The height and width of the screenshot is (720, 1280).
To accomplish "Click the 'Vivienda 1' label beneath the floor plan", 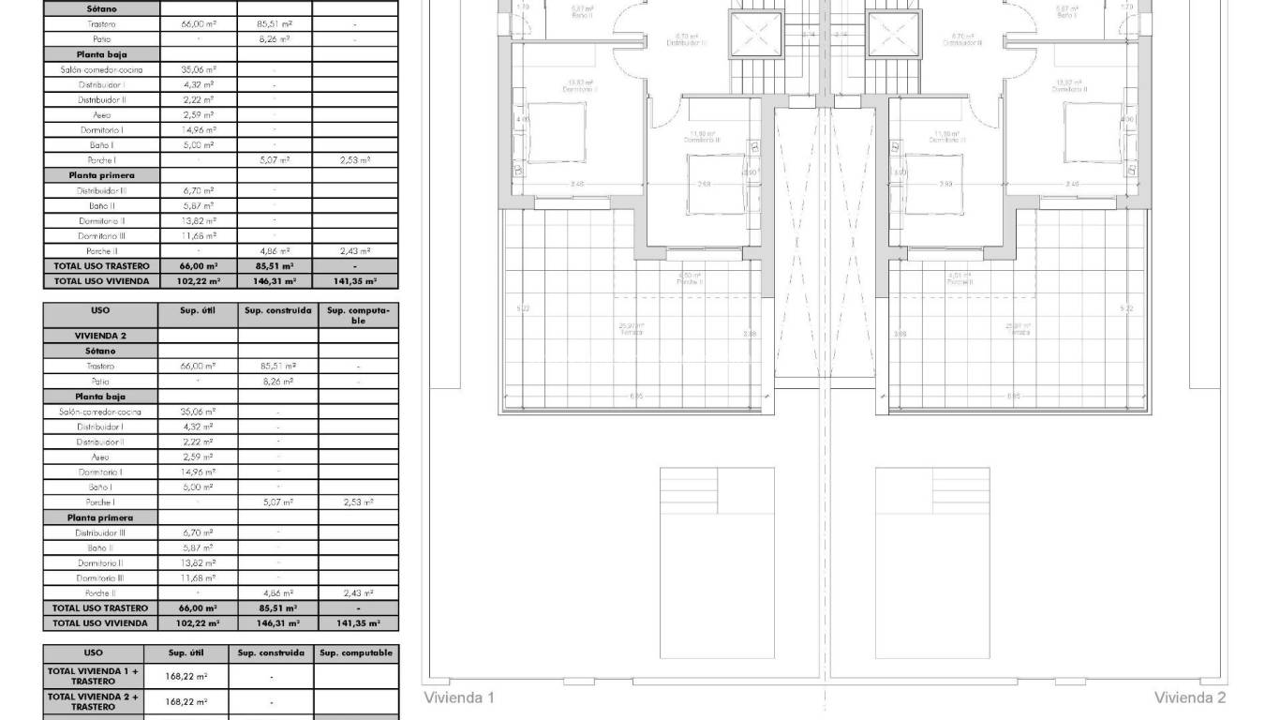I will (459, 697).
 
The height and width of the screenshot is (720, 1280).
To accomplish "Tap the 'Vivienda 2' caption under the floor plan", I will (1190, 697).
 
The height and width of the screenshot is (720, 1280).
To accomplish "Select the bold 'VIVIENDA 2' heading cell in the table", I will (100, 335).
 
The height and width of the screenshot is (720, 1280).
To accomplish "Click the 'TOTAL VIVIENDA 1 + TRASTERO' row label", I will (93, 676).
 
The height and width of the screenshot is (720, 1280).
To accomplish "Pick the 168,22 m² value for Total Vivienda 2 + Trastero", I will (186, 701).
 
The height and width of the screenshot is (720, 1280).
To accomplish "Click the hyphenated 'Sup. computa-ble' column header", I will (358, 314).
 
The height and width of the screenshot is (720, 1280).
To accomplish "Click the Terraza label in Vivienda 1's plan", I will (632, 330).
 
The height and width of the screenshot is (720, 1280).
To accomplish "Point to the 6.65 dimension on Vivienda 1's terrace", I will (637, 397).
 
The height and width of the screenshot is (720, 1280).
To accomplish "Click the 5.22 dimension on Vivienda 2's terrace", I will (1126, 308).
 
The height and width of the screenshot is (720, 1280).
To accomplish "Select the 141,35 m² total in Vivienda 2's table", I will (358, 623).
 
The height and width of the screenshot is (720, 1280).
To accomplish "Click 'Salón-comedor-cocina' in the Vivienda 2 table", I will (100, 412).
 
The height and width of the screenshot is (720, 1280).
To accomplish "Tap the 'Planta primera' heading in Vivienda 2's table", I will (100, 517).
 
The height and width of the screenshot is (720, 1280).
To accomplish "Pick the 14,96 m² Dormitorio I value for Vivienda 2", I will (198, 472).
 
